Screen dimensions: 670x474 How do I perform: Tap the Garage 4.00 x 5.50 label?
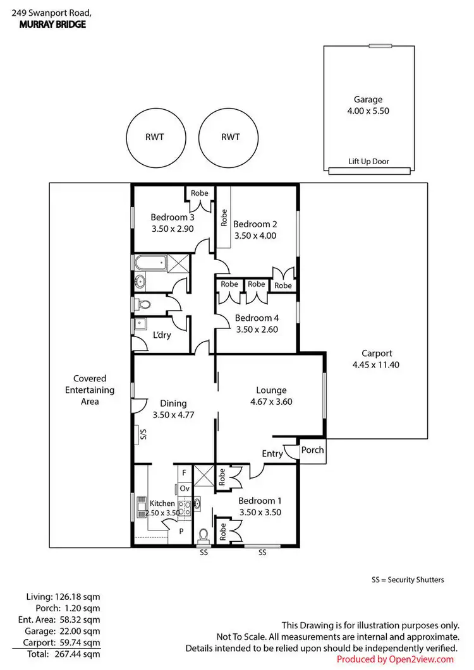(368, 105)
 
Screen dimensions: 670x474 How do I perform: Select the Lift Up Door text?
(368, 162)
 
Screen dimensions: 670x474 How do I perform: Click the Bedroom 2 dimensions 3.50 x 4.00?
(255, 236)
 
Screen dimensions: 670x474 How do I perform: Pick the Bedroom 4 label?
(256, 318)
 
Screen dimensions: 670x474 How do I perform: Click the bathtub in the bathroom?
(150, 263)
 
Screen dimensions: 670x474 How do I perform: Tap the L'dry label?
(162, 336)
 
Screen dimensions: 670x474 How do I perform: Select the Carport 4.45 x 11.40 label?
(377, 359)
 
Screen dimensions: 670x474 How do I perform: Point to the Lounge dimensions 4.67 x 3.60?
(271, 401)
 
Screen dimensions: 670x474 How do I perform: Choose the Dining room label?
(173, 404)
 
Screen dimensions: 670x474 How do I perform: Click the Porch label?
(312, 450)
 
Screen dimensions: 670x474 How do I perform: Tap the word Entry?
(272, 453)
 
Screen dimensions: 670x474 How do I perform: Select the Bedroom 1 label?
(259, 501)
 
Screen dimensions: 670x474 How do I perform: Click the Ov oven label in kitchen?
(184, 488)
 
